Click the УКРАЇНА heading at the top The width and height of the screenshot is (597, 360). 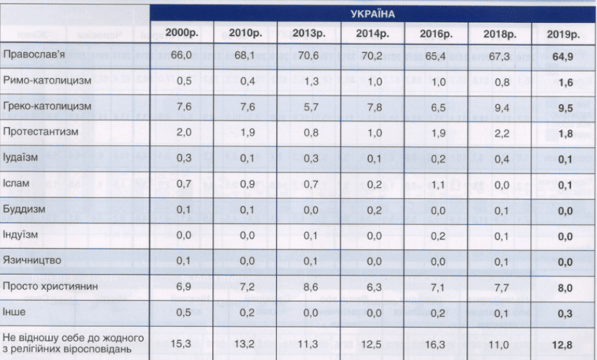[372, 14]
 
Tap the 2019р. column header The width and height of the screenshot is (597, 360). [564, 34]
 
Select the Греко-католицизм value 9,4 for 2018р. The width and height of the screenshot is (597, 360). [501, 107]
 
